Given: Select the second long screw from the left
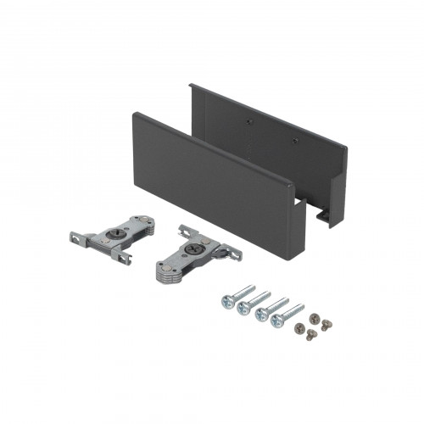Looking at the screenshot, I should (243, 306).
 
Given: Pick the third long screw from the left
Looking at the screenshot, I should (260, 312).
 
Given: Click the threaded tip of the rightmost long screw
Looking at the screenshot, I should (302, 305).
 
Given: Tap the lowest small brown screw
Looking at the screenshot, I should (309, 336).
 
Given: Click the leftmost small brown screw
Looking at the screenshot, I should (298, 326).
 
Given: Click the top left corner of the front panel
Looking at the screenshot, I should (134, 116).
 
